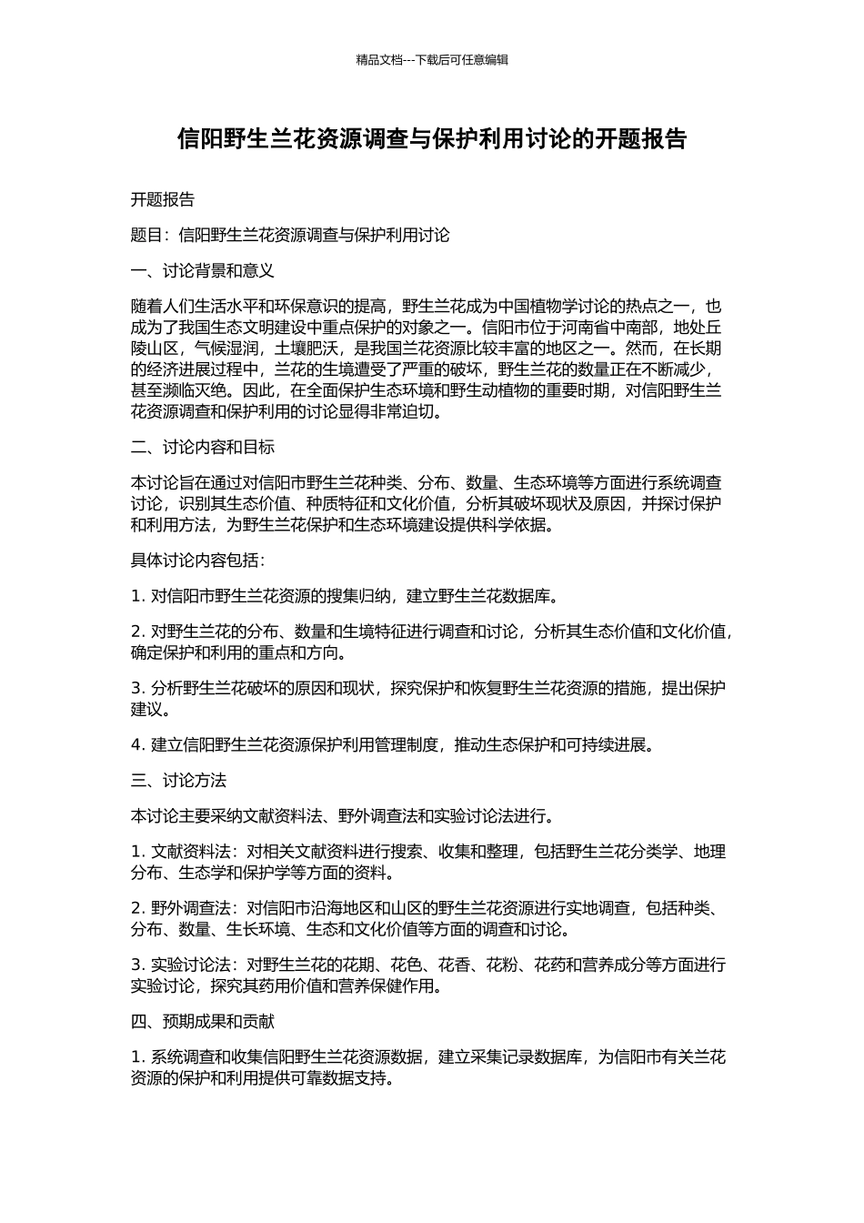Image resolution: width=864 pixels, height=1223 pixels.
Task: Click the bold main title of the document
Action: pyautogui.click(x=432, y=138)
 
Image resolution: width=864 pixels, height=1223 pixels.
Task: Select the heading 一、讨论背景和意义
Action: pyautogui.click(x=203, y=270)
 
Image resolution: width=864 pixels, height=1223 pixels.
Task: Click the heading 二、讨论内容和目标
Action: pyautogui.click(x=203, y=447)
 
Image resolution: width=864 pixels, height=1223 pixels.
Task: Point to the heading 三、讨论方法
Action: pyautogui.click(x=178, y=780)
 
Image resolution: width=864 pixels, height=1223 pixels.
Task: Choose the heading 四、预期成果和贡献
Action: pyautogui.click(x=203, y=1021)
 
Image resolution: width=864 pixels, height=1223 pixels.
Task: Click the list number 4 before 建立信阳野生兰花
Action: pyautogui.click(x=136, y=745)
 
